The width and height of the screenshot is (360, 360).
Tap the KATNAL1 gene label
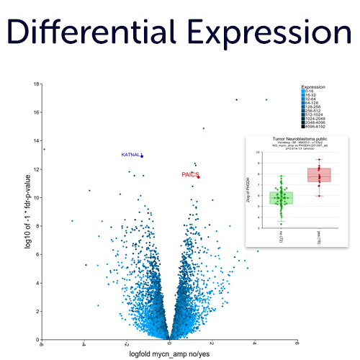[x=130, y=155]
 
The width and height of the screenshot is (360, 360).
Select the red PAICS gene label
[x=189, y=174]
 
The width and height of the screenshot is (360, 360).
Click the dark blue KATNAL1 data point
[x=142, y=156]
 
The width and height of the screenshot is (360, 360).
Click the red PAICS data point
[x=198, y=177]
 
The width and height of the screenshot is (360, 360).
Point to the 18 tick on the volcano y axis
[x=36, y=84]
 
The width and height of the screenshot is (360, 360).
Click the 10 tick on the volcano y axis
[x=36, y=197]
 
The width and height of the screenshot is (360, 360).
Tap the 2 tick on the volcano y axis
[x=37, y=310]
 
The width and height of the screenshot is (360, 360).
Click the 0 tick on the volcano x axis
[x=170, y=344]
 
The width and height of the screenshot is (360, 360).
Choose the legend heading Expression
[x=313, y=86]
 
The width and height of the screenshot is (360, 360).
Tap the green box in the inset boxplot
[x=281, y=197]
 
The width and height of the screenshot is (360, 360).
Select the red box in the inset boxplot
[x=319, y=175]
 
